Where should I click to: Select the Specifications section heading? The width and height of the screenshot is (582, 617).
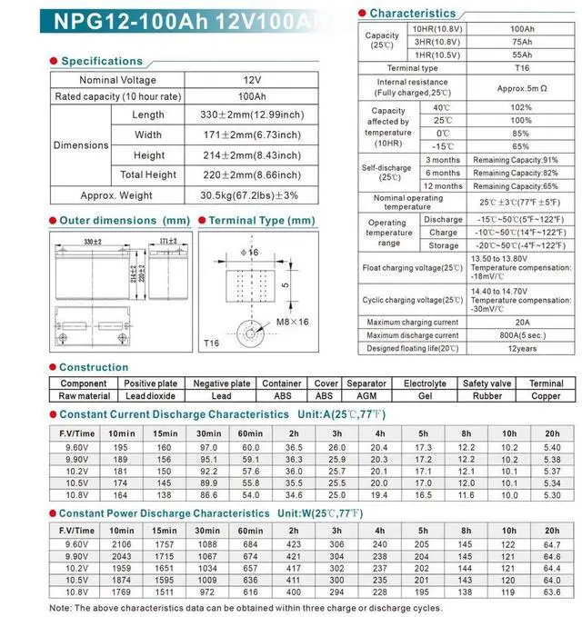pos(101,61)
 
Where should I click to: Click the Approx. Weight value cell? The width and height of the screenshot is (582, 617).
pos(249,195)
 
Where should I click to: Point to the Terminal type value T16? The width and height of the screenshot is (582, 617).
pos(521,68)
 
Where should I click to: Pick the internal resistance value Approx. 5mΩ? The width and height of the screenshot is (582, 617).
pos(521,87)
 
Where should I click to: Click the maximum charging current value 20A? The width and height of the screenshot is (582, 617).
pos(521,322)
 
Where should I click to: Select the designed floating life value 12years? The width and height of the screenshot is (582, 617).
pos(521,348)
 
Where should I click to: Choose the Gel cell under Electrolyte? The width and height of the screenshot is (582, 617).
pos(425,396)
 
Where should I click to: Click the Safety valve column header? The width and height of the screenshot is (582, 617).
pos(488,383)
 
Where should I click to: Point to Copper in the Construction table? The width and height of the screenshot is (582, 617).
pos(546,396)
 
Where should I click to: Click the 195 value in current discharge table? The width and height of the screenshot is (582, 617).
pos(120,448)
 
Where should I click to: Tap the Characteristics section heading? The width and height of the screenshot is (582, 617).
pos(412,14)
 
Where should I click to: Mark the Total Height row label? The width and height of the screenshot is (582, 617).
pos(148,174)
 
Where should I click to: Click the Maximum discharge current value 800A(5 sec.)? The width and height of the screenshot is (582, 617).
pos(521,335)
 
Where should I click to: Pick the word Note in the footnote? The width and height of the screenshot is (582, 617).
pos(60,607)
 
